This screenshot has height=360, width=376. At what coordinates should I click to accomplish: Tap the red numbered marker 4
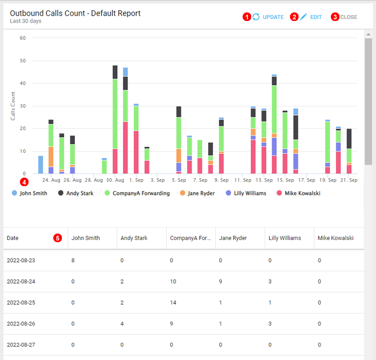pos(23,182)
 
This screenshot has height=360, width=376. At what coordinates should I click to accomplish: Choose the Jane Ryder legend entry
pos(200,193)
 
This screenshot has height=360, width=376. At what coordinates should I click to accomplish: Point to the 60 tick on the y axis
pos(23,38)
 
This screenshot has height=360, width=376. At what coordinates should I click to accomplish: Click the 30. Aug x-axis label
pos(115,181)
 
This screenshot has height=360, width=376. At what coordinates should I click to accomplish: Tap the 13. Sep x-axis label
pos(264,181)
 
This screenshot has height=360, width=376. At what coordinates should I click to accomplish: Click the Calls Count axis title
pos(13,105)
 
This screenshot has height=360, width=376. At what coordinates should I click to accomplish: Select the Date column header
pos(13,238)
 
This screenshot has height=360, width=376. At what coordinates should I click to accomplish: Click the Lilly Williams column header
pos(285,238)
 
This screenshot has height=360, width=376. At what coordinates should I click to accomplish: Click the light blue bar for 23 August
pos(40,165)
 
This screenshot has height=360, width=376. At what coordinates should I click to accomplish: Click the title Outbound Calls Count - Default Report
pos(75,13)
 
